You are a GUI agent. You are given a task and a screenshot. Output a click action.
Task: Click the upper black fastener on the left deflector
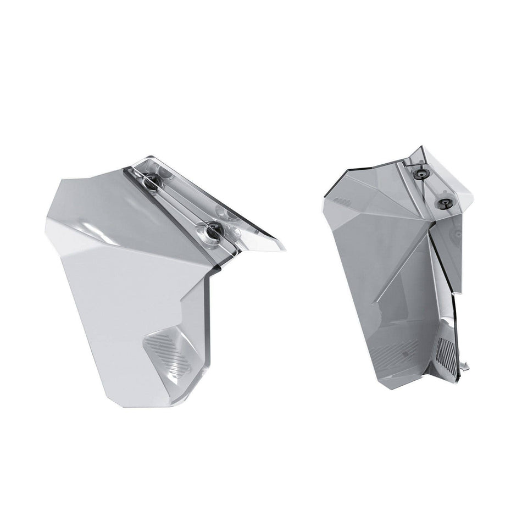tap(150, 177)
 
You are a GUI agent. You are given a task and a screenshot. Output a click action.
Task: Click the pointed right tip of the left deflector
tap(286, 245)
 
